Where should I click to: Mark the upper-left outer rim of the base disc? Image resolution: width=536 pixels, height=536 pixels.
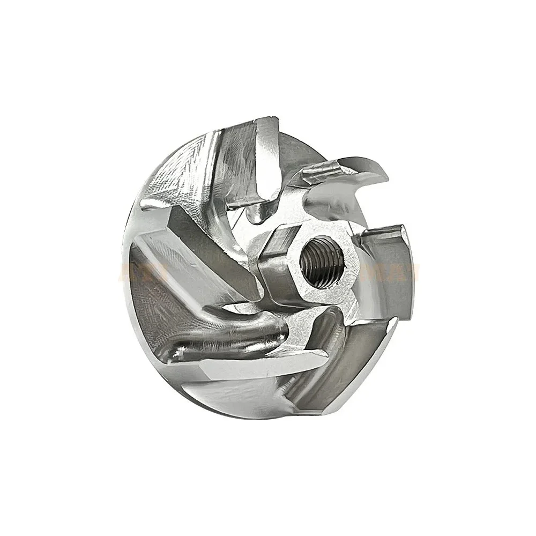tap(161, 161)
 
